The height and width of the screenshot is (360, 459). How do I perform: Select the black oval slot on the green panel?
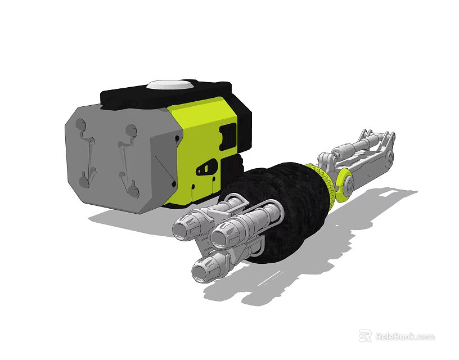point(206,167)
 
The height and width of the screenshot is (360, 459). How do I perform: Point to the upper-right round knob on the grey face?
point(132,131)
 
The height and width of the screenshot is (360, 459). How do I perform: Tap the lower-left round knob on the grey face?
point(83,181)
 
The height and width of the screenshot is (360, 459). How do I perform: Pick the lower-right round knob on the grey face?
point(133,191)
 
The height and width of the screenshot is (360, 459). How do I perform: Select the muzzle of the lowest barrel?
point(201,273)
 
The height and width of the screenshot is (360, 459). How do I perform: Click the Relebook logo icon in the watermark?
point(366,336)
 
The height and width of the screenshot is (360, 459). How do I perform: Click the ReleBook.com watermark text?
point(405,336)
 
